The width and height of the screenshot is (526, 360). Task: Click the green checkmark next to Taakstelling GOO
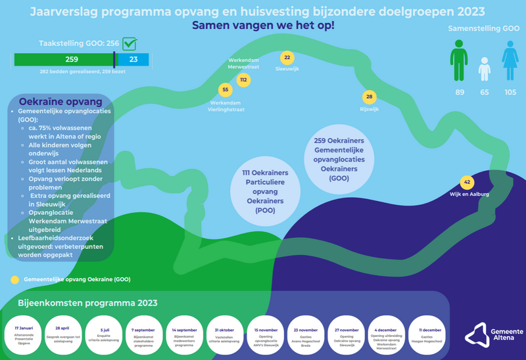(x=130, y=44)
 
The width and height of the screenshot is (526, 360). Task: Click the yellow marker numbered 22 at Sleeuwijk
(x=287, y=58)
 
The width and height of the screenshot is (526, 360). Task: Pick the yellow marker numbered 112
(x=243, y=80)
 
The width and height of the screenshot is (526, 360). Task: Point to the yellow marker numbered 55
(x=226, y=90)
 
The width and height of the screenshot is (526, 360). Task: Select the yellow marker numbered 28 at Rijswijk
(x=370, y=97)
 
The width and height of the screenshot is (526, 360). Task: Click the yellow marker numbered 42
(x=467, y=182)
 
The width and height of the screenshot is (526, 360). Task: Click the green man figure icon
(x=459, y=60)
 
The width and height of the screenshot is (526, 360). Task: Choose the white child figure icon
(x=485, y=69)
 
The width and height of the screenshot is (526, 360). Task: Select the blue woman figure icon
(x=510, y=60)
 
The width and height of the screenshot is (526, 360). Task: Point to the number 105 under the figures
(x=510, y=92)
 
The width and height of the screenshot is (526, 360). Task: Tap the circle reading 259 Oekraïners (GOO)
(x=339, y=159)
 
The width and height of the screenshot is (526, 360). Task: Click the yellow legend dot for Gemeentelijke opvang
(x=14, y=279)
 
